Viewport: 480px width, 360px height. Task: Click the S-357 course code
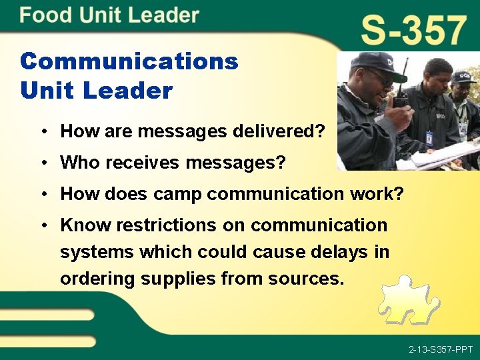(413, 31)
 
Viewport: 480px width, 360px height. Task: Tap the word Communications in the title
(129, 61)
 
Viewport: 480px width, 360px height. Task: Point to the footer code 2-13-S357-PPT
(441, 349)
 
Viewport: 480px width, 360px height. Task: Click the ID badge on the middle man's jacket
(429, 138)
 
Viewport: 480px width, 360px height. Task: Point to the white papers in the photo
(440, 155)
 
